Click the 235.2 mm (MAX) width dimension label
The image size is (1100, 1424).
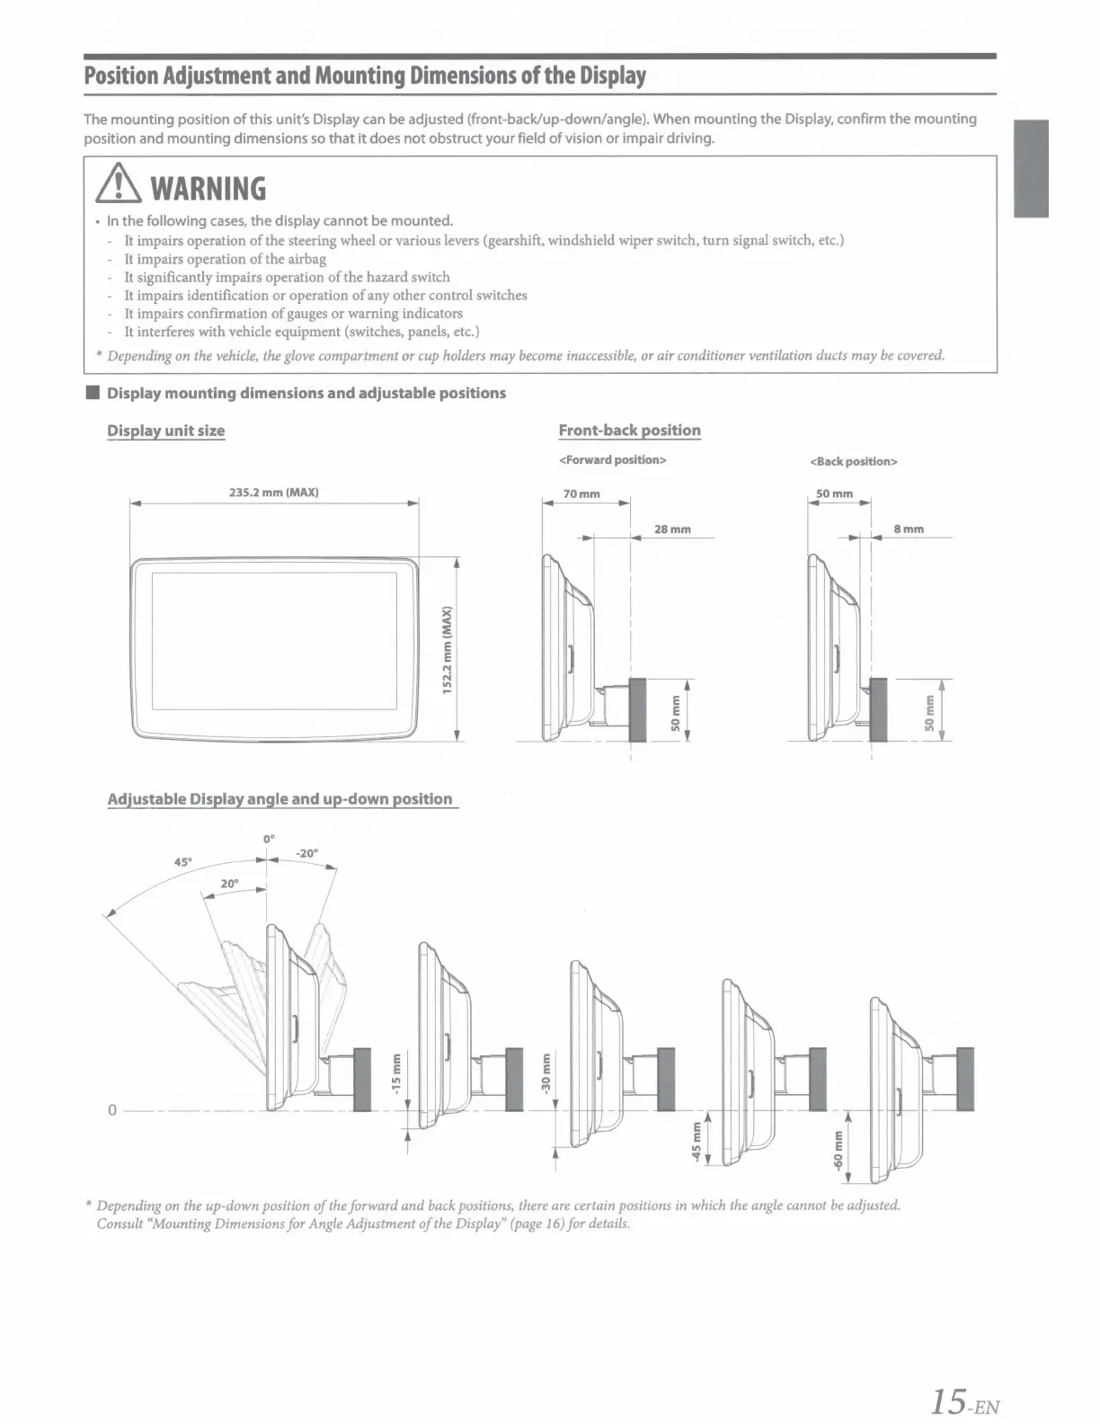point(273,493)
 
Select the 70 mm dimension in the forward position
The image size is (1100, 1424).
point(581,494)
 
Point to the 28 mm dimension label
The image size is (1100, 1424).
point(672,530)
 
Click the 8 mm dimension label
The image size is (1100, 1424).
point(909,530)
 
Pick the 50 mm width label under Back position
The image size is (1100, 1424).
point(834,494)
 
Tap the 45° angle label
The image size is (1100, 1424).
point(182,861)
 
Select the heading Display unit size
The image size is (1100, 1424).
point(166,431)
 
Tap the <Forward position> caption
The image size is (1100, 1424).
point(612,460)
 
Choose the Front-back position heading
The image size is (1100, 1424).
point(629,431)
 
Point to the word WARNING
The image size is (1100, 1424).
point(208,189)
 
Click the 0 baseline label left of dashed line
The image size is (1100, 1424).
point(111,1110)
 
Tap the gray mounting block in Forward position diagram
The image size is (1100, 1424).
point(638,708)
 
